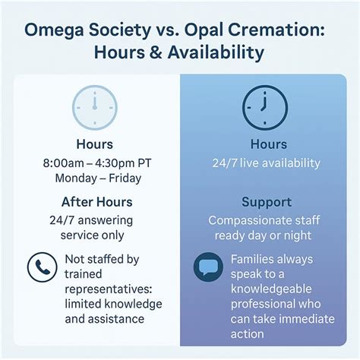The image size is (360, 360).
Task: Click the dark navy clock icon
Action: [x=264, y=108]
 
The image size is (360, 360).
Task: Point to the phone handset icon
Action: [x=42, y=267]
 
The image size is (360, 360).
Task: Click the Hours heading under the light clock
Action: [x=95, y=144]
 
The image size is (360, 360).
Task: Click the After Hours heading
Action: [x=96, y=202]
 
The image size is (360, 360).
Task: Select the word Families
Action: [x=254, y=260]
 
